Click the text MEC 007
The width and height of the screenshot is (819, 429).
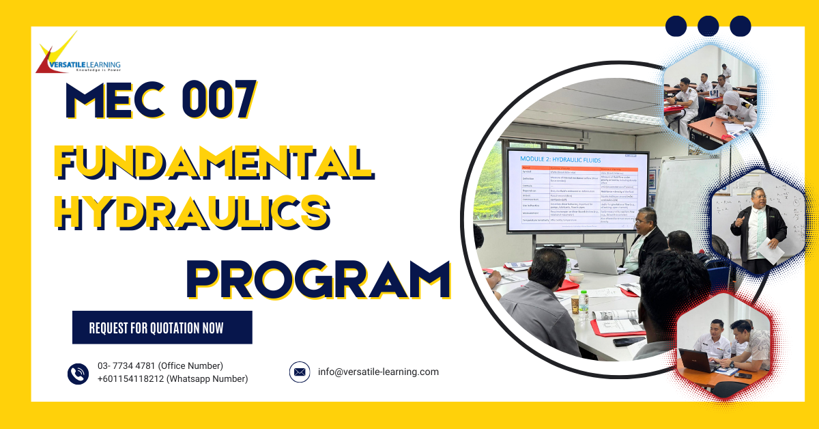[x=161, y=101]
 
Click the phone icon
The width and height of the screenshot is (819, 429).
[x=78, y=373]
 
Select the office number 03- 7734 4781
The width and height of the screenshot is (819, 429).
[x=160, y=366]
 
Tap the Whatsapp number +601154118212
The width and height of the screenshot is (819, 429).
[x=172, y=379]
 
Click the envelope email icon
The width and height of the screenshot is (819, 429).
[x=299, y=372]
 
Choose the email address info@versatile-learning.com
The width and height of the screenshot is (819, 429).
[x=378, y=372]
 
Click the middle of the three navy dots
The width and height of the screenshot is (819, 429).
[x=708, y=26]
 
